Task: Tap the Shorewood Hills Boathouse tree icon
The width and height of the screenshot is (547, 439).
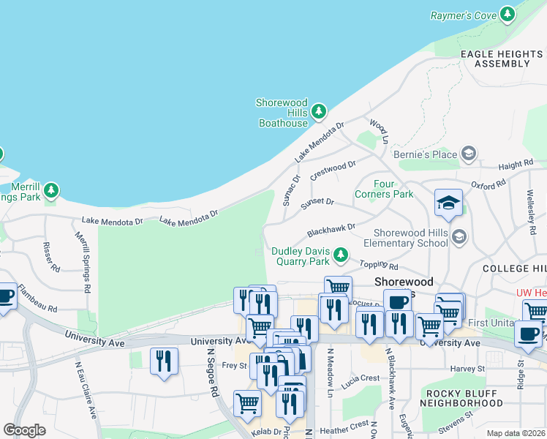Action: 318,112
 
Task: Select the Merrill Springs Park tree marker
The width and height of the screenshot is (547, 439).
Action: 50,191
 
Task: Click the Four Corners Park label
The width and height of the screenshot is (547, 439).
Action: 383,189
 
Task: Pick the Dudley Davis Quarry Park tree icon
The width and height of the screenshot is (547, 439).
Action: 340,255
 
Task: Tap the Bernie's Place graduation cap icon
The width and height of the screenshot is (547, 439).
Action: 468,154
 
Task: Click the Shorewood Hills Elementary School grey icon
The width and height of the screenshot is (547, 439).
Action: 459,236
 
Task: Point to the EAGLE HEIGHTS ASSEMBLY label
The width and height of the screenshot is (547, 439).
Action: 501,59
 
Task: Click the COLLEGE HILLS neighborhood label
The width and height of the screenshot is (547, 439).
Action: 514,269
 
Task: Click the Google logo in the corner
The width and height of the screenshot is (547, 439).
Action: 24,429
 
